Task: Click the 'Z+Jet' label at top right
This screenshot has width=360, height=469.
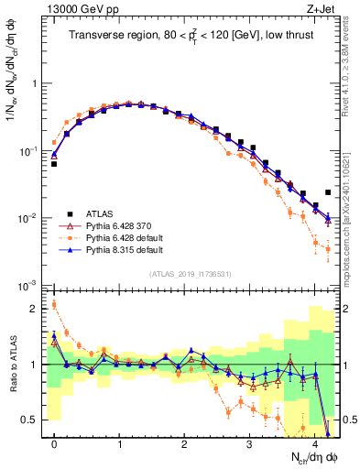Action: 320,9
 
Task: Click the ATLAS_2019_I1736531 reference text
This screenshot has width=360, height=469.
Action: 191,274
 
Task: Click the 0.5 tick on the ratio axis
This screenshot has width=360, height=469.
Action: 32,420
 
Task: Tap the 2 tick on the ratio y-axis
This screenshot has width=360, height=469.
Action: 37,309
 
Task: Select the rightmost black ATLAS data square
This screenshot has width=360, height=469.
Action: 328,192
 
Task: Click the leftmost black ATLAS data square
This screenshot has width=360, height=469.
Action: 54,164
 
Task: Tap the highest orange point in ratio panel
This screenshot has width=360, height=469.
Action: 54,305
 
